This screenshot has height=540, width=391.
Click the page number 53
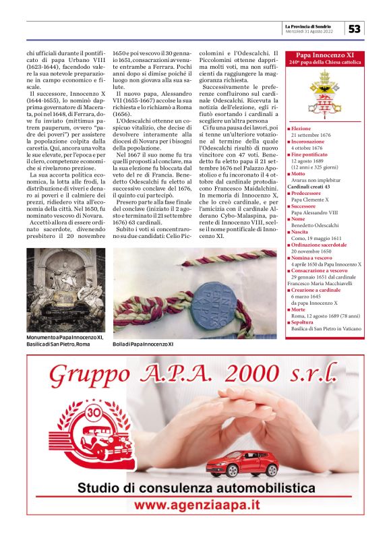[355, 28]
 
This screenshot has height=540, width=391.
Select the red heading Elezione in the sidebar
[302, 128]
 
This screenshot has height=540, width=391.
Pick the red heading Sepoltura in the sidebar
[304, 322]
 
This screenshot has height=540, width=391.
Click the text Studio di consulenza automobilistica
[195, 487]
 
